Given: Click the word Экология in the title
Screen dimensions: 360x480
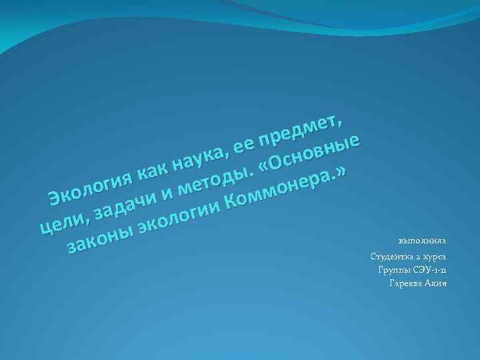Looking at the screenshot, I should tap(89, 187).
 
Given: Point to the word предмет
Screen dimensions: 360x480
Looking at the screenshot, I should tap(299, 129).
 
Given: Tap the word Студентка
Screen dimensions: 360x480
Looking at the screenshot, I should tap(393, 257).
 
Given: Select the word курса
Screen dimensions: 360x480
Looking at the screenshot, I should tap(435, 257).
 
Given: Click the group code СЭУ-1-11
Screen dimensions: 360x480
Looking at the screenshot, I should tap(429, 270).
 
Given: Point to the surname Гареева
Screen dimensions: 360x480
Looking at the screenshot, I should tap(403, 283).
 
